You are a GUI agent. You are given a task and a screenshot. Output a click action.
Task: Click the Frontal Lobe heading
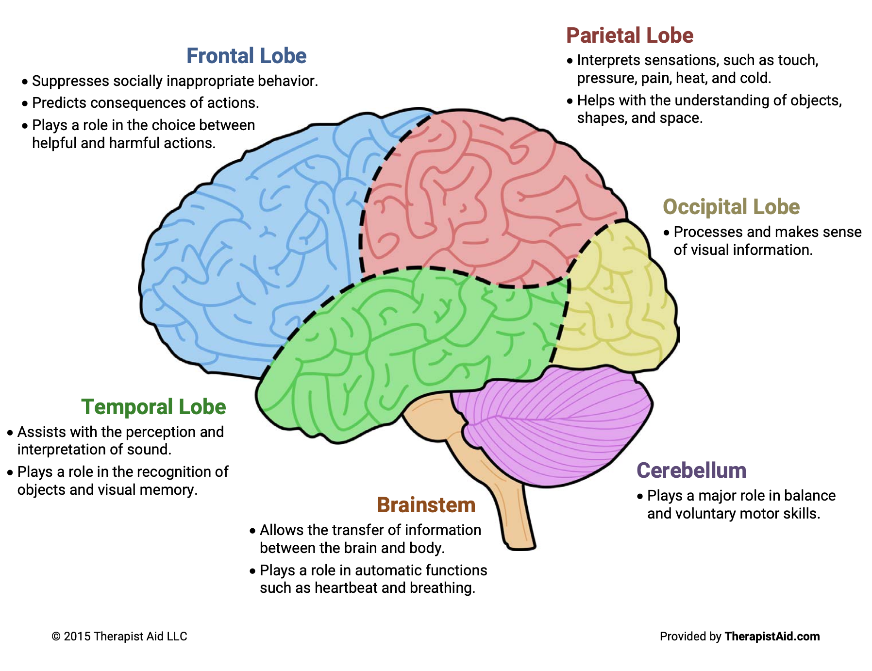pos(246,56)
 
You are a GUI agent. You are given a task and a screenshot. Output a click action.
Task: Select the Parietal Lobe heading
pos(630,36)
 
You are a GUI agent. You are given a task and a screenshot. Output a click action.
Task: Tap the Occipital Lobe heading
pos(731,207)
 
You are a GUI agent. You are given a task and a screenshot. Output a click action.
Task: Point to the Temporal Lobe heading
pos(153,407)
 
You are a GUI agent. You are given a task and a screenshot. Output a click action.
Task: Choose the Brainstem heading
pos(426,505)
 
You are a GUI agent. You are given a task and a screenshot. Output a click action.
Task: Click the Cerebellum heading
pos(691,471)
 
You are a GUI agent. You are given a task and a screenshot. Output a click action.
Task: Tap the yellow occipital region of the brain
pos(617,301)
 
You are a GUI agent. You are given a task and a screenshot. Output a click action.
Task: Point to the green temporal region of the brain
pos(413,340)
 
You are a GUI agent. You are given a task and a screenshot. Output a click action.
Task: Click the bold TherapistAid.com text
pos(771,637)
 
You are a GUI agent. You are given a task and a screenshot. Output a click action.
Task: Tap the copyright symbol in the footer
pos(56,637)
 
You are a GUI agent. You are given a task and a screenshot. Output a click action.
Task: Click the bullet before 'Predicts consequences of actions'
pos(25,103)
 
